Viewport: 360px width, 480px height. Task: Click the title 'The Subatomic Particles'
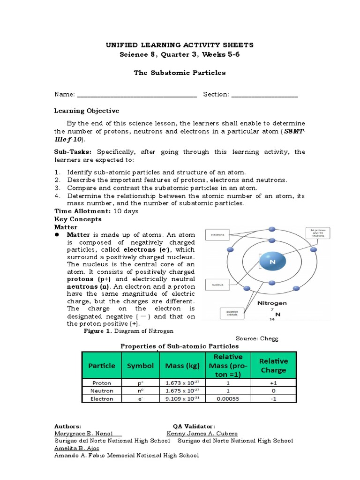[180, 73]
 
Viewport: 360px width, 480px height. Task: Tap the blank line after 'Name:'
[136, 95]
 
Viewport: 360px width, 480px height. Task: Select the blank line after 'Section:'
[264, 95]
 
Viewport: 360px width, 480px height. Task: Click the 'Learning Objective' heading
[87, 111]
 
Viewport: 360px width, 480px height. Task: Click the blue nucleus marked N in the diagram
[272, 263]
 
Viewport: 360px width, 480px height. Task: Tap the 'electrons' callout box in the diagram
[218, 234]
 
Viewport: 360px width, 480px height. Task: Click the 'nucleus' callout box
[217, 285]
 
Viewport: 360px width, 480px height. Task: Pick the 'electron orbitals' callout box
[232, 312]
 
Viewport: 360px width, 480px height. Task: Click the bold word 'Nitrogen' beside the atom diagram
[272, 303]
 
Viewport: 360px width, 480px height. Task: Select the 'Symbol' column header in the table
[141, 366]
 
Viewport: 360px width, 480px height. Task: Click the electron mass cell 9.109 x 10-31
[182, 399]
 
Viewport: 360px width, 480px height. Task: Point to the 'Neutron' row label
[102, 391]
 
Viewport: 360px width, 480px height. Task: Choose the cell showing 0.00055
[228, 399]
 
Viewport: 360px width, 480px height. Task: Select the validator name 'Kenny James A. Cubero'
[202, 434]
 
